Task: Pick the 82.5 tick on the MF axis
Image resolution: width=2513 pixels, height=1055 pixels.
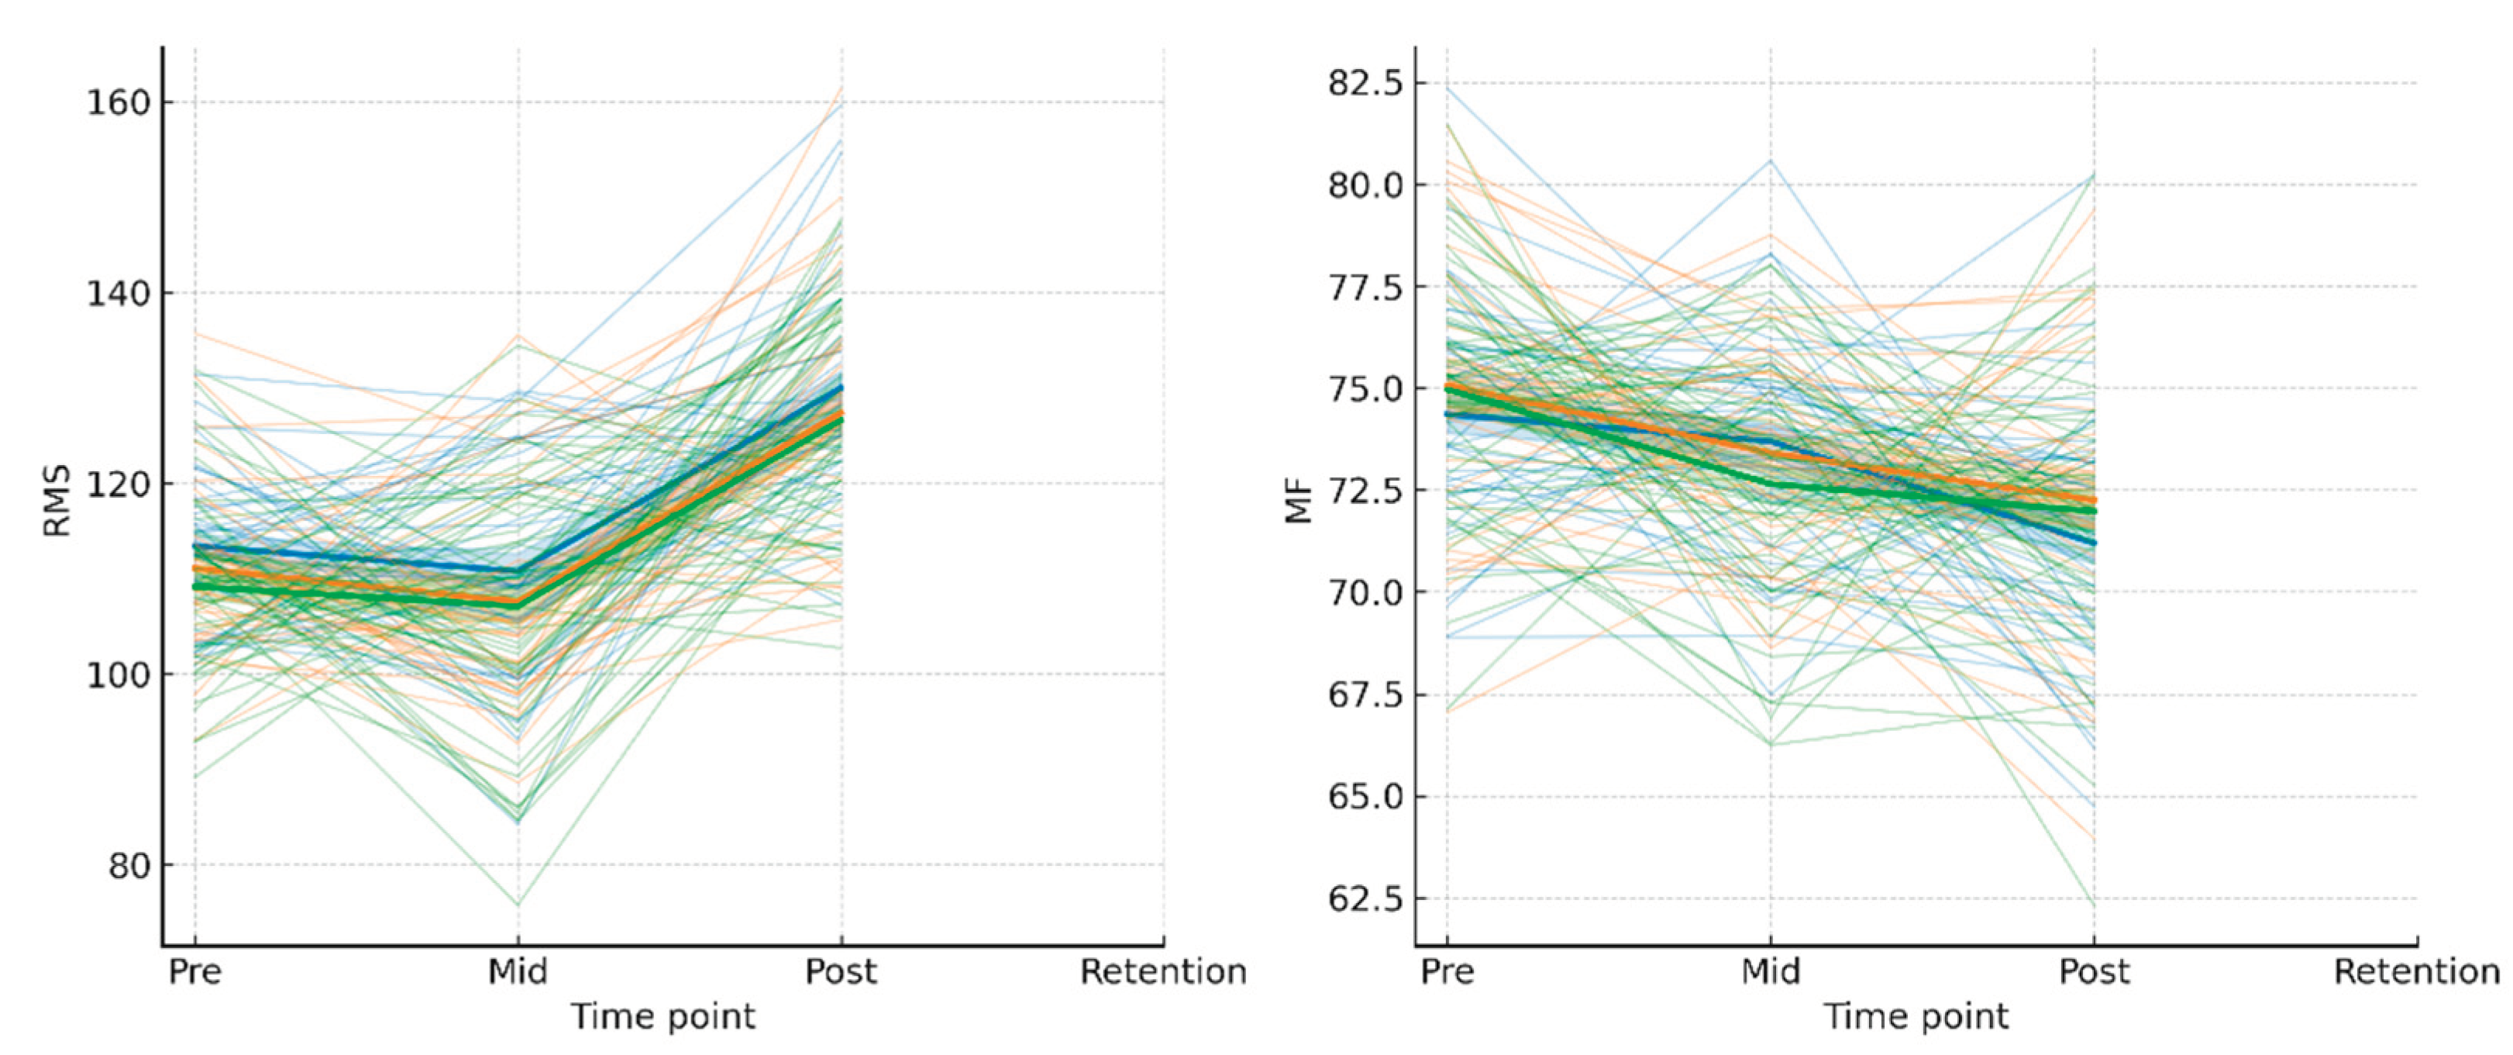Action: (x=1365, y=83)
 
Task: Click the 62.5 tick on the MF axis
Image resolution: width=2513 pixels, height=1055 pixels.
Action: (x=1365, y=898)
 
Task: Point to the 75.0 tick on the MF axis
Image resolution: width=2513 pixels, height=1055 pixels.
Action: (x=1365, y=388)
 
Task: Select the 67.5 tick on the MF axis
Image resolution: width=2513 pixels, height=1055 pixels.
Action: (x=1365, y=695)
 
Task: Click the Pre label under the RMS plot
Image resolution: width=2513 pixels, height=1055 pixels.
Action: (x=194, y=972)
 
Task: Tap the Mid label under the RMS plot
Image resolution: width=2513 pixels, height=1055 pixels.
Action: (x=518, y=972)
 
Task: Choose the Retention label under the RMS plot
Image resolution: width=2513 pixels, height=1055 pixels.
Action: (x=1163, y=972)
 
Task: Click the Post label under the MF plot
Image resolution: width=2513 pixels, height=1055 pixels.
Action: (x=2094, y=972)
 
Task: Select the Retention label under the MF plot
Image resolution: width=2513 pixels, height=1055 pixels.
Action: (x=2416, y=972)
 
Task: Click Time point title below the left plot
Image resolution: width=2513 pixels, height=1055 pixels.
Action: (x=663, y=1017)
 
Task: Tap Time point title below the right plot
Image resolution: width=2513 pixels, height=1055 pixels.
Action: (x=1916, y=1017)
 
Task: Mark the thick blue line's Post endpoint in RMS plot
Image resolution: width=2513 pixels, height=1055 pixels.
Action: (x=841, y=388)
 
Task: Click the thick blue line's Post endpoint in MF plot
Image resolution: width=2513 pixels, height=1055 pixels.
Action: (x=2094, y=543)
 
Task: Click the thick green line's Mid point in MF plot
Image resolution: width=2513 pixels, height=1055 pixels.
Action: (x=1770, y=483)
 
